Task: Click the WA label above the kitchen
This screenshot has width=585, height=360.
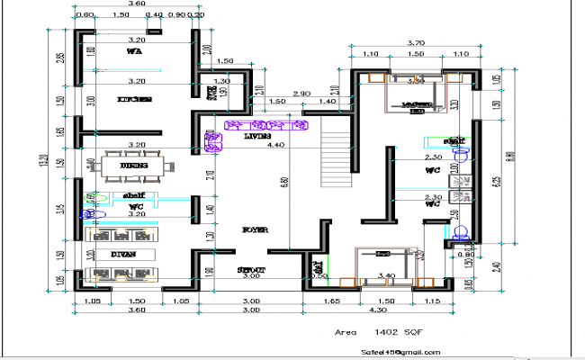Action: point(135,52)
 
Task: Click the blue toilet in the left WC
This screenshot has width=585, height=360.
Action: point(87,215)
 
